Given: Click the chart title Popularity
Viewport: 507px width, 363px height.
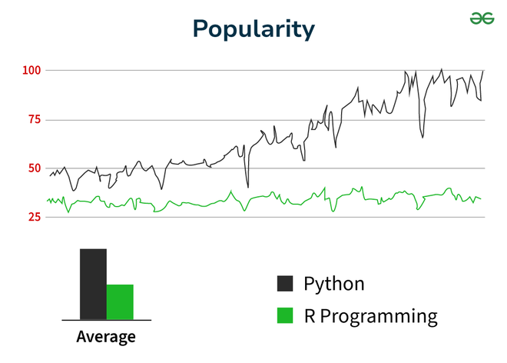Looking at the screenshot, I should tap(253, 28).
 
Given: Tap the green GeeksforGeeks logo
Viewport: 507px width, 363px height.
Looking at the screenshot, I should tap(482, 18).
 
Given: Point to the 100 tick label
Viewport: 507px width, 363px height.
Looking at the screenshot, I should tap(31, 71).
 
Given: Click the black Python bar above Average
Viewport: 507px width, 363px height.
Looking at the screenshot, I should tap(93, 284).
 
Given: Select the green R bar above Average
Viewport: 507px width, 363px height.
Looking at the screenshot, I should tap(120, 301).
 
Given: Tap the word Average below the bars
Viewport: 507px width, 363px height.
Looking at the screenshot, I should tap(106, 337).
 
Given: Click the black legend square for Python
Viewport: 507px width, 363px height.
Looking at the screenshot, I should tap(285, 284).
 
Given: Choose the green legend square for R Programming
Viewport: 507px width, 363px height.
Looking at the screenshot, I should tap(285, 315).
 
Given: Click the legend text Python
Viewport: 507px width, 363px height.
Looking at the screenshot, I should tap(333, 284).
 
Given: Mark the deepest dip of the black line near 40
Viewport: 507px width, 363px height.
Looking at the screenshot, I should tap(247, 186).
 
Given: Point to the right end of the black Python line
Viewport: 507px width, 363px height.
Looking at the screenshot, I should tap(483, 71).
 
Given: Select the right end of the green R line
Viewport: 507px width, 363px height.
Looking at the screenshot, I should tap(481, 199).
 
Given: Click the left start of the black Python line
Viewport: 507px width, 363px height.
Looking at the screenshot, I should tap(50, 176).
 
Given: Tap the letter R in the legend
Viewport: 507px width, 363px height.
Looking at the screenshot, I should tap(310, 315).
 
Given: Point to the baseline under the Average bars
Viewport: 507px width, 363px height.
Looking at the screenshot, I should tap(106, 319).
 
